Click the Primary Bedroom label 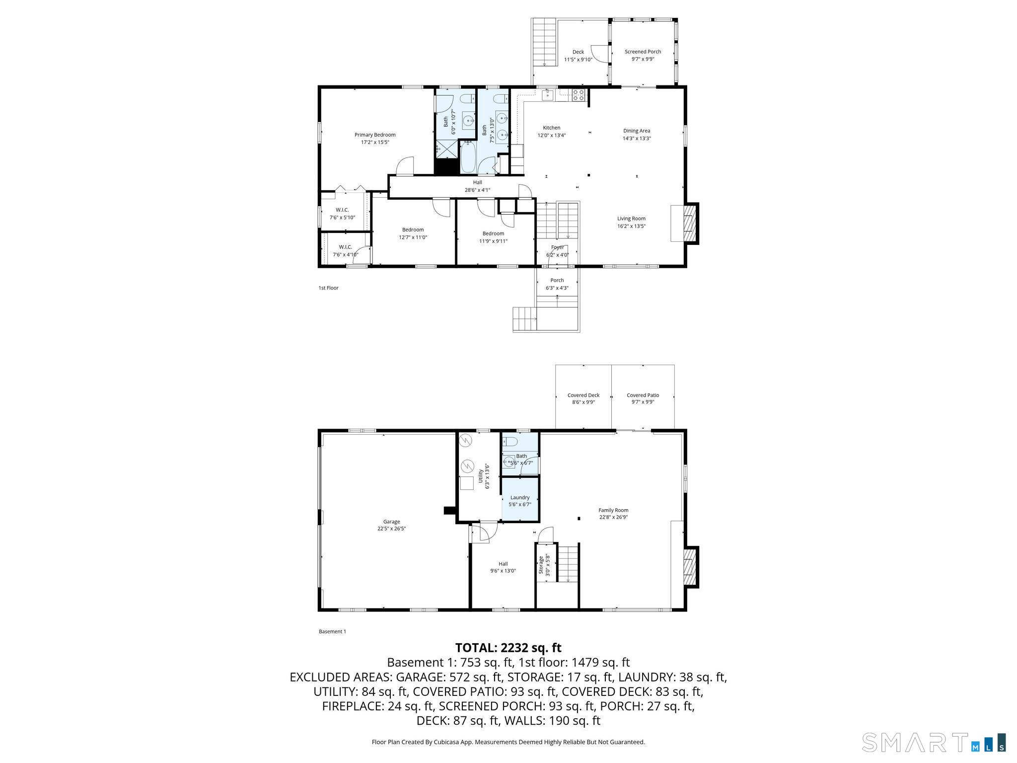375,135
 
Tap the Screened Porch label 643,52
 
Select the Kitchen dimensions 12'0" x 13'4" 551,135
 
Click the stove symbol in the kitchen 578,95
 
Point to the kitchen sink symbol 548,94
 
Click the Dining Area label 637,131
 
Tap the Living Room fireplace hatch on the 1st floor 689,224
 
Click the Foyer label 557,247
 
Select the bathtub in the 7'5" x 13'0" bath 468,157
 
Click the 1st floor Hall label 477,182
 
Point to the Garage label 391,522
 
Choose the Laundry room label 520,497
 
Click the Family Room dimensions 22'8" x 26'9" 613,517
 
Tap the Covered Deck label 583,395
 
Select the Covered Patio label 643,395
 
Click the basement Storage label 541,565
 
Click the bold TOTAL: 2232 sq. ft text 508,648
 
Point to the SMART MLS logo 934,743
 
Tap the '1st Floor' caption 328,288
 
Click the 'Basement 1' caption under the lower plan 332,632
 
